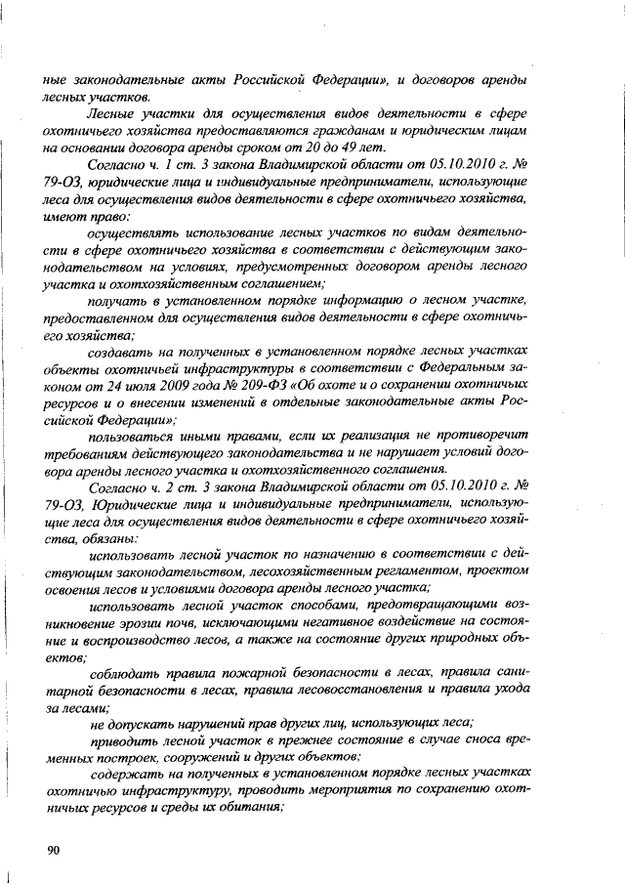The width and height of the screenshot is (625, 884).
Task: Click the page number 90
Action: click(x=54, y=851)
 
